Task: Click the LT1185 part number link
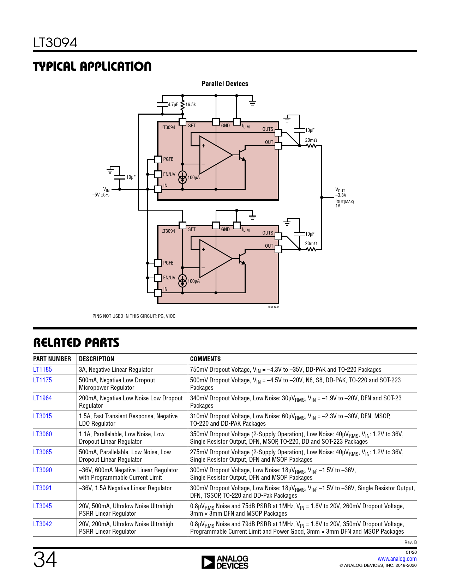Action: point(42,369)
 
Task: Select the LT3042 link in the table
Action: point(42,524)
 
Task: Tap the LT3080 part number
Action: point(42,434)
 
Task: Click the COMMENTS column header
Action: point(205,359)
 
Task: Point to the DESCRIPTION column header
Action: point(96,359)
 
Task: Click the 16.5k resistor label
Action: point(191,104)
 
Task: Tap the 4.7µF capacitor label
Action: point(173,104)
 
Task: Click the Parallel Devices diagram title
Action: point(225,84)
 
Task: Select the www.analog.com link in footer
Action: point(397,559)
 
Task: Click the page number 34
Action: point(45,559)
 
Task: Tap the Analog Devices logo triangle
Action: point(208,562)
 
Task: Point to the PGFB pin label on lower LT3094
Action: point(168,263)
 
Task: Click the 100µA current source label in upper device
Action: point(193,177)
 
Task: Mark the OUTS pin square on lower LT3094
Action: point(278,236)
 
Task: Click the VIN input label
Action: point(106,190)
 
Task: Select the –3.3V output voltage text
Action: point(341,195)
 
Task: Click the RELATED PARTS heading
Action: point(76,342)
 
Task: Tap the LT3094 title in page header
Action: point(55,43)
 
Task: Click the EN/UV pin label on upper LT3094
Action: point(169,174)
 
